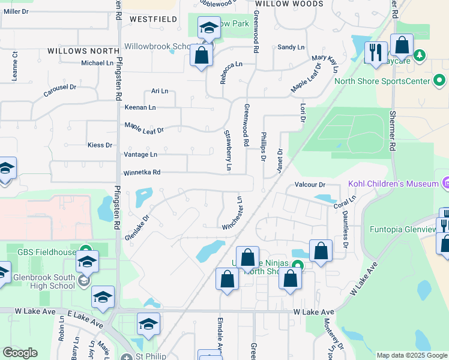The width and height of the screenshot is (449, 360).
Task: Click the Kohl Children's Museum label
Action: [393, 184]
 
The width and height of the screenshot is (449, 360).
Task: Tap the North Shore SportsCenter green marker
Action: [439, 80]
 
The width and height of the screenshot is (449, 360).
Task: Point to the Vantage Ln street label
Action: [140, 154]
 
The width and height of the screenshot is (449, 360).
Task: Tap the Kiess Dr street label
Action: [100, 145]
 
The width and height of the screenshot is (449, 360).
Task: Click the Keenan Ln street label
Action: [140, 107]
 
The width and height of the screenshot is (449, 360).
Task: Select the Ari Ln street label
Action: [160, 91]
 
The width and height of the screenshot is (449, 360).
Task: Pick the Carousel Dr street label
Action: [60, 91]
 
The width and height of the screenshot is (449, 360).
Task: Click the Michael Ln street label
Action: [97, 62]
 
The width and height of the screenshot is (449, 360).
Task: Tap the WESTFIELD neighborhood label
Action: [153, 19]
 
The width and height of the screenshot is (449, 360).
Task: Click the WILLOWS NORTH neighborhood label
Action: [80, 52]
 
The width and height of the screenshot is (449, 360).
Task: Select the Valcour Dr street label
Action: [310, 185]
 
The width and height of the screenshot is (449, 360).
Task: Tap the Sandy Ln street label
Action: [291, 47]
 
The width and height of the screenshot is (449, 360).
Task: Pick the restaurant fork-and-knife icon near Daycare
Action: [376, 52]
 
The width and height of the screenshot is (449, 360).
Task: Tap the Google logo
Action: [20, 353]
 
